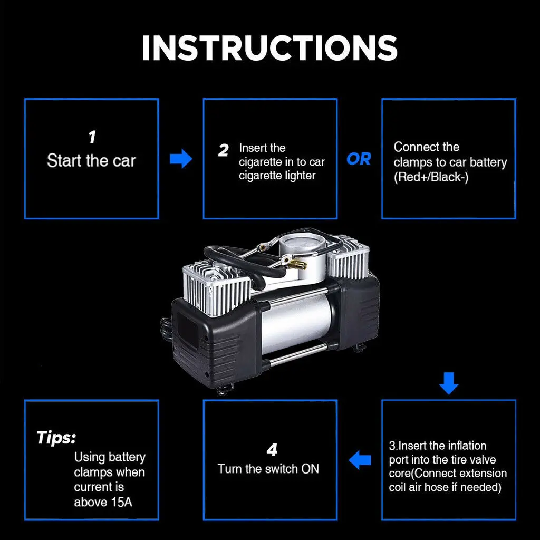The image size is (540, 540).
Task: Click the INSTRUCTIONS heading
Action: (269, 48)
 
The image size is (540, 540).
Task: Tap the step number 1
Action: (92, 138)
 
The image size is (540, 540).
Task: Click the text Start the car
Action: (91, 161)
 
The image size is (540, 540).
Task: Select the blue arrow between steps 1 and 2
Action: (181, 158)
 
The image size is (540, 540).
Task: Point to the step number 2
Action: (223, 151)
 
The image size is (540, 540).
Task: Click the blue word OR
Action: (359, 159)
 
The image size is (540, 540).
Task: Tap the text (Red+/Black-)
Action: (431, 178)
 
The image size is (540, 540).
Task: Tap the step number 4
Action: (271, 450)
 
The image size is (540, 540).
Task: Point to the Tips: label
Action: (56, 437)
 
